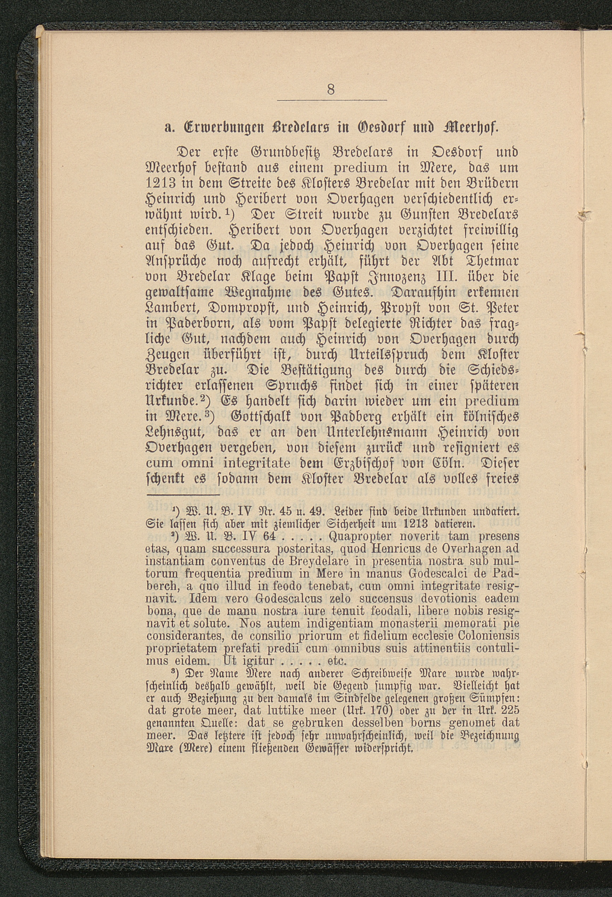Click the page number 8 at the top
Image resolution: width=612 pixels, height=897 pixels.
(x=331, y=89)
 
